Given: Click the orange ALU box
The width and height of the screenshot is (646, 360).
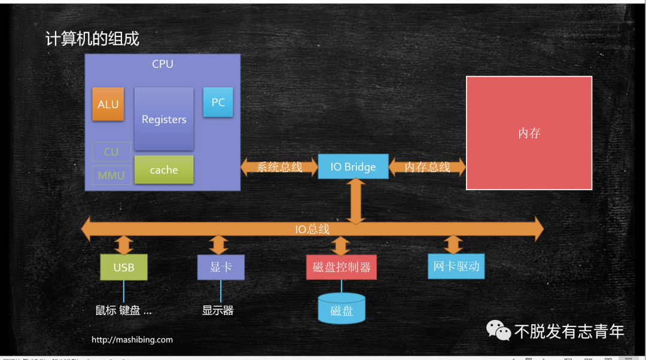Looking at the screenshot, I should click(108, 104).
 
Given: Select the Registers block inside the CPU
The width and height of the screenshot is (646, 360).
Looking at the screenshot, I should click(164, 119).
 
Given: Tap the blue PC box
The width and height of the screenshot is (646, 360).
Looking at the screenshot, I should click(218, 102).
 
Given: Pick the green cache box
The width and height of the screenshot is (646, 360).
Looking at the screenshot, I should click(164, 170).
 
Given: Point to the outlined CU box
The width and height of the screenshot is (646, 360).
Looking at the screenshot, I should click(111, 152).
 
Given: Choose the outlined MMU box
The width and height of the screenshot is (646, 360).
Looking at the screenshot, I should click(111, 175).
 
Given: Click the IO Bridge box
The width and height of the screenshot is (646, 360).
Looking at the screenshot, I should click(353, 167).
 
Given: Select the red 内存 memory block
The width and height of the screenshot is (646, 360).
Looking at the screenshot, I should click(529, 133).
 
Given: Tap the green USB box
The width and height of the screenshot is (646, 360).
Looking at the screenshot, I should click(124, 267).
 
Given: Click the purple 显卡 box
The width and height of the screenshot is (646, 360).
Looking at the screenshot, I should click(221, 267).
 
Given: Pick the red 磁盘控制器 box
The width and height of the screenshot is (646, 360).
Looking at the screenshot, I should click(342, 267).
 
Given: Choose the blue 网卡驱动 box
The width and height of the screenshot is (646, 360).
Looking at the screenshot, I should click(456, 266).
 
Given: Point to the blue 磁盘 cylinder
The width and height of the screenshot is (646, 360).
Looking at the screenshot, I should click(342, 309).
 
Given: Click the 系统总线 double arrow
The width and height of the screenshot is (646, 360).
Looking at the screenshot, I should click(279, 167).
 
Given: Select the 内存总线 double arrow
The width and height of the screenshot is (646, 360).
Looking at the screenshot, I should click(427, 167).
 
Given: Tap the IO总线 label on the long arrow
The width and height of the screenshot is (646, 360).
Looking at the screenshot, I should click(312, 229).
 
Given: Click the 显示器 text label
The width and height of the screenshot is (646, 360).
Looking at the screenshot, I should click(218, 310).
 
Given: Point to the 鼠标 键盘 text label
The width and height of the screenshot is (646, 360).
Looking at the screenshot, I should click(123, 310).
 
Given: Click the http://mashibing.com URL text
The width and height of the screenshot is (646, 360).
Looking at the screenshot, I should click(132, 340).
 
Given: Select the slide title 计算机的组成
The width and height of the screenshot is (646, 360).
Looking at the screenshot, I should click(92, 39).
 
